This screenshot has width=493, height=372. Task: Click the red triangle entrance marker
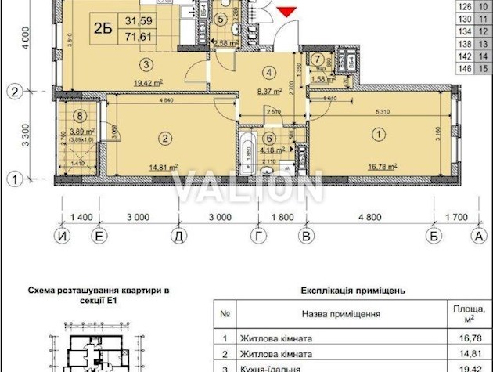click(x=287, y=10)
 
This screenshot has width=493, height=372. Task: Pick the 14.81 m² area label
click(x=161, y=166)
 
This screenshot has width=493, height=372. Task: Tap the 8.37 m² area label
click(x=270, y=90)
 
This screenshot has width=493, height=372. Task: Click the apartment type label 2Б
click(x=103, y=25)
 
